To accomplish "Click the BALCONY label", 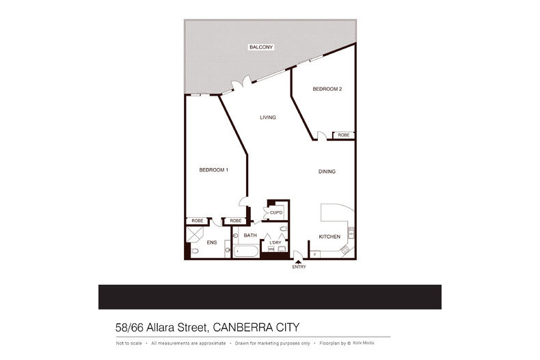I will [x=261, y=47].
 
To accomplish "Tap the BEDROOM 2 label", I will [x=327, y=89].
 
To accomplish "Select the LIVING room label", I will [x=268, y=117].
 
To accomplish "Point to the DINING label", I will [x=327, y=171].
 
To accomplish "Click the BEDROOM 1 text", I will [x=213, y=170].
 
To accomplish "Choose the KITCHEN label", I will [x=329, y=236].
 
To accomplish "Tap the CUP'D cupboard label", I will [x=276, y=213].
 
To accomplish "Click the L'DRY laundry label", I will [x=275, y=243].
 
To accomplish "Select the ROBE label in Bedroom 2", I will [x=343, y=135].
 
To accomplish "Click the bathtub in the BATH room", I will [x=246, y=251].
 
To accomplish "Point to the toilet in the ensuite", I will [x=194, y=251].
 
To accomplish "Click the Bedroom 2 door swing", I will [x=321, y=136].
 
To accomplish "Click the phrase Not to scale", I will [x=129, y=343].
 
